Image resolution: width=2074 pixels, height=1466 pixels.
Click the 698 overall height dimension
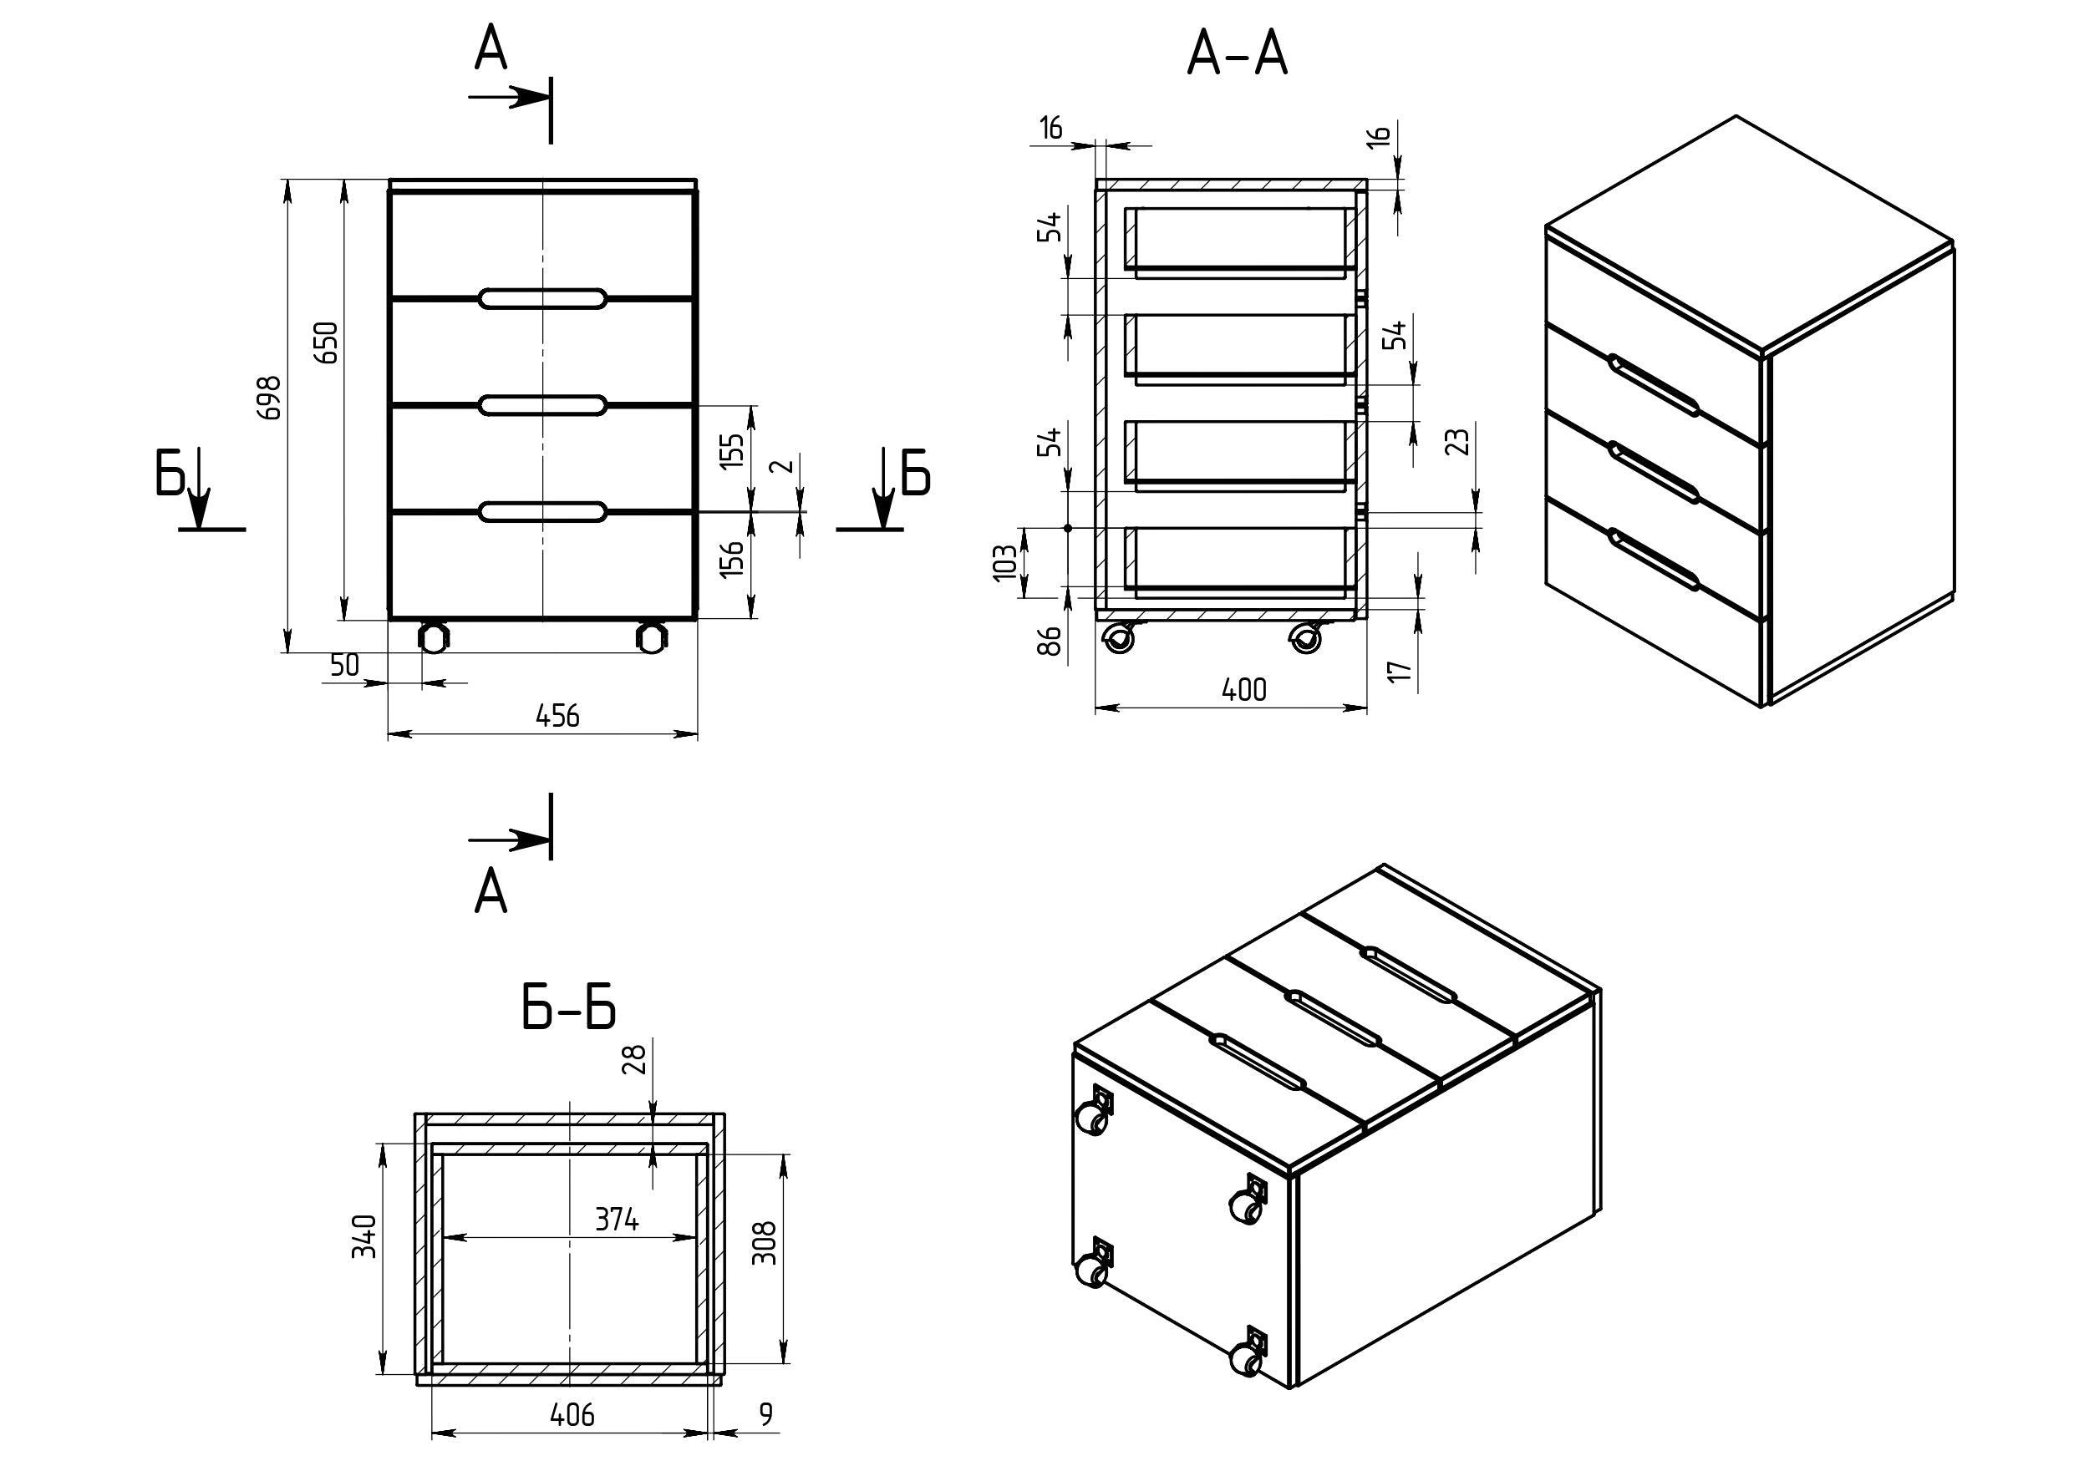[x=270, y=397]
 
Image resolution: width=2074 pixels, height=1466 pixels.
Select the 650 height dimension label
[x=327, y=342]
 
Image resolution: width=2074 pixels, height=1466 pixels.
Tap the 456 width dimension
[x=557, y=716]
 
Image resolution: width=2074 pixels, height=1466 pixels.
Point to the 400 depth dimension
[x=1244, y=691]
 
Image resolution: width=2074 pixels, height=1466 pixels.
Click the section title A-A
[x=1237, y=55]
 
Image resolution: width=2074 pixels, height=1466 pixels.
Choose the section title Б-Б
[x=569, y=1007]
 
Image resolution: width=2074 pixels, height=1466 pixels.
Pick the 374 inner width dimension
[x=616, y=1221]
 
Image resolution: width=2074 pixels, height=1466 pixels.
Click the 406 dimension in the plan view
[x=572, y=1414]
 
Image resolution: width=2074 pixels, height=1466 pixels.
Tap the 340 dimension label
[x=365, y=1236]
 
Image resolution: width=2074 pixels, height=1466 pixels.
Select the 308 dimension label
[x=765, y=1243]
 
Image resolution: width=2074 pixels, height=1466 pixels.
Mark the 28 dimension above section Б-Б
[x=636, y=1058]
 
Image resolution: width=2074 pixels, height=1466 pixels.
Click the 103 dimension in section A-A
[x=1004, y=562]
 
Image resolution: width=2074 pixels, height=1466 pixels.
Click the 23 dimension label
[x=1457, y=442]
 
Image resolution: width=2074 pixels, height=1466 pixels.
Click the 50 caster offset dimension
[x=344, y=666]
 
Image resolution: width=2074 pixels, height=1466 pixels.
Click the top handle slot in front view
[x=542, y=299]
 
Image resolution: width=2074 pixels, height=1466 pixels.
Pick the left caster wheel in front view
[x=433, y=637]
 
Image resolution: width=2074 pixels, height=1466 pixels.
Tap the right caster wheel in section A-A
[x=1304, y=639]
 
